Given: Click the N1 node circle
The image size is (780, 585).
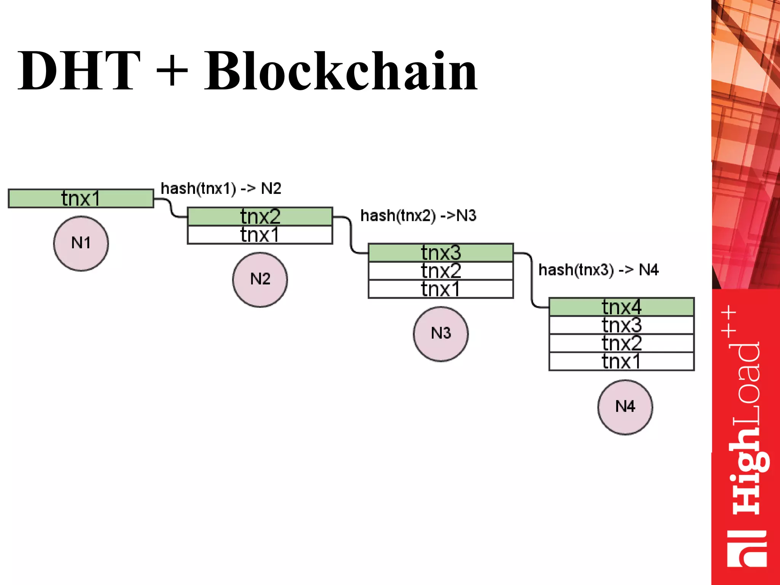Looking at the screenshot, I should pyautogui.click(x=81, y=243).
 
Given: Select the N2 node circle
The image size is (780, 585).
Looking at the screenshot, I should pyautogui.click(x=260, y=280).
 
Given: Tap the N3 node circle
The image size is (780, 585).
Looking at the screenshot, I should pyautogui.click(x=441, y=334).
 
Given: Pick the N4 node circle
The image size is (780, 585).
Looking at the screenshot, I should pyautogui.click(x=625, y=407).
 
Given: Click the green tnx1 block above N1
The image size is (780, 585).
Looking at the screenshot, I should pyautogui.click(x=81, y=198).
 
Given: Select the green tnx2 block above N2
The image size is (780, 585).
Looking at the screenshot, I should pyautogui.click(x=260, y=216).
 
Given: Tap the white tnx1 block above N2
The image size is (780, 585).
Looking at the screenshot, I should pyautogui.click(x=260, y=235).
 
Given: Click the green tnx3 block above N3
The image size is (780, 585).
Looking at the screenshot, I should pyautogui.click(x=441, y=253).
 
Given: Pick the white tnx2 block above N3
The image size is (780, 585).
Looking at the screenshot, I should pyautogui.click(x=441, y=271).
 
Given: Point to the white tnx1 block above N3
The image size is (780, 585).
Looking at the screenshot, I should pyautogui.click(x=441, y=289).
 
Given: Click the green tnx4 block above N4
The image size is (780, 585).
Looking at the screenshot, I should pyautogui.click(x=622, y=307).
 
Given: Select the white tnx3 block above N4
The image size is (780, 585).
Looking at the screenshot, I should pyautogui.click(x=622, y=325).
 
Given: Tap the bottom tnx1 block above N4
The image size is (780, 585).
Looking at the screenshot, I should pyautogui.click(x=622, y=361).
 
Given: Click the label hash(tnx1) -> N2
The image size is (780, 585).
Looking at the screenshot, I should pyautogui.click(x=221, y=189).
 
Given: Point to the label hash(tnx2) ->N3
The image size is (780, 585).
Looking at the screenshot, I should pyautogui.click(x=418, y=216).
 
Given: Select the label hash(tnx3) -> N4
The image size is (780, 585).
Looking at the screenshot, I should pyautogui.click(x=598, y=270).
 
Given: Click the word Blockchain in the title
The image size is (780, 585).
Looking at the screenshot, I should pyautogui.click(x=341, y=71).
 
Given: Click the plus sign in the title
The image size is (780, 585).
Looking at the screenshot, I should pyautogui.click(x=172, y=71).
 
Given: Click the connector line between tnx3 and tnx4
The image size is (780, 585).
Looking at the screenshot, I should pyautogui.click(x=532, y=282).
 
